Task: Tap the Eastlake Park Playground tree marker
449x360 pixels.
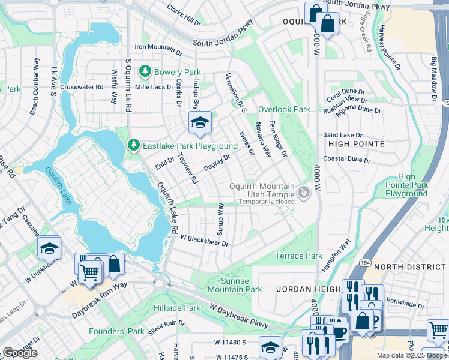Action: coord(133,146)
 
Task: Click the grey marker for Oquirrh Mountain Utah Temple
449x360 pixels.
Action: coord(304,193)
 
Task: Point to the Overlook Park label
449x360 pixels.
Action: coord(284,110)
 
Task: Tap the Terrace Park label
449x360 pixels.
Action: coord(298,256)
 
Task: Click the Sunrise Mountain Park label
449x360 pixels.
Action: coord(235,285)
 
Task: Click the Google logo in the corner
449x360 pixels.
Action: coord(20,353)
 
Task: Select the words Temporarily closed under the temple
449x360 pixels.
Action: coord(266,202)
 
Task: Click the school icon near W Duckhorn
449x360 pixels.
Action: coord(49,248)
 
